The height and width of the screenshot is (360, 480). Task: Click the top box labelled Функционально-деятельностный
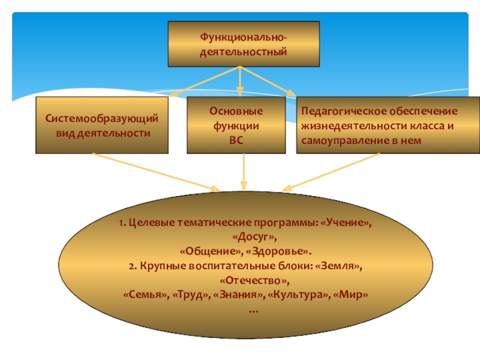coord(242,44)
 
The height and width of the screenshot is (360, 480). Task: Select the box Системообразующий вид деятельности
coord(103,125)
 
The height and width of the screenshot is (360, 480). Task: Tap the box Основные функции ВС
coord(243,125)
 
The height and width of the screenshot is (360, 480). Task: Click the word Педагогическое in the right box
coord(337,112)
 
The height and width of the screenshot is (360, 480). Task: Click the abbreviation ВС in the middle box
coord(244,139)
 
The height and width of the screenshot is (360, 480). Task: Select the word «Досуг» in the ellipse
coord(244,237)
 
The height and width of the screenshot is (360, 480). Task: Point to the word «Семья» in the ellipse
coord(142,295)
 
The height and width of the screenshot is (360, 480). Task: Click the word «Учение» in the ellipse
coord(346,223)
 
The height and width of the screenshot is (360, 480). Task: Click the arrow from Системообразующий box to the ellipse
coord(156,172)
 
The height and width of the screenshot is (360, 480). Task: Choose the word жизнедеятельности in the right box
coord(344,125)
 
